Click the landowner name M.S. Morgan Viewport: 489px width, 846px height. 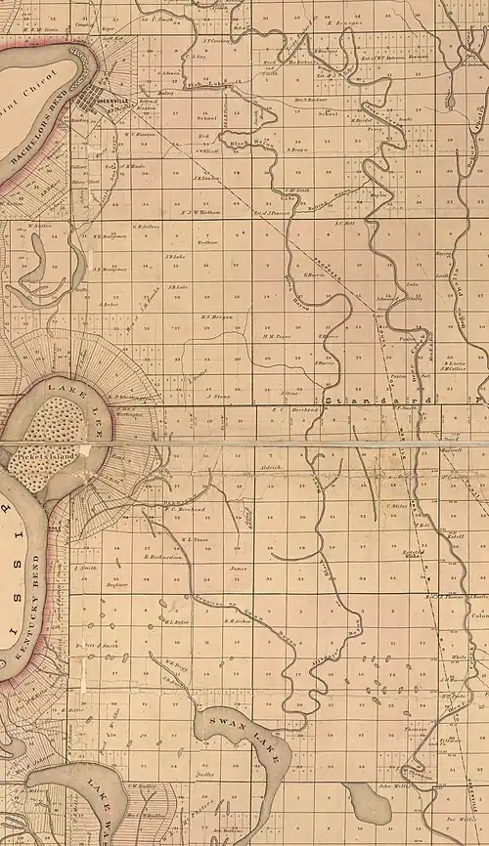(215, 316)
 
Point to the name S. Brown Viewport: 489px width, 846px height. (298, 149)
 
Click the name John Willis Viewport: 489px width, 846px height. (393, 784)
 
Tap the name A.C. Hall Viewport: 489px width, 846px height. (342, 222)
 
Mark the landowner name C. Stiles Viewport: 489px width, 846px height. (398, 506)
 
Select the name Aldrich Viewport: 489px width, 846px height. (273, 468)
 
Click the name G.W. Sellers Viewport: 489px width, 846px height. (146, 227)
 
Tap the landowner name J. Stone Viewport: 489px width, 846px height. (219, 397)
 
